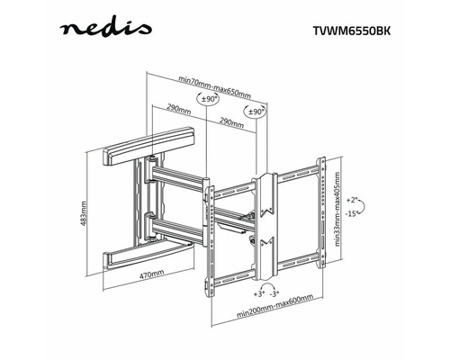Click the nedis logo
coord(105,29)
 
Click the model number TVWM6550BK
coord(352,31)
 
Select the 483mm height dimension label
coord(84,213)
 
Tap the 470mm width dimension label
coord(152,274)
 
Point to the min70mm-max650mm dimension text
coord(214,86)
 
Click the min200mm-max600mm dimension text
coord(274,306)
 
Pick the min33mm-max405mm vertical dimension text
coord(337,209)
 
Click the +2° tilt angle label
coord(351,200)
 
